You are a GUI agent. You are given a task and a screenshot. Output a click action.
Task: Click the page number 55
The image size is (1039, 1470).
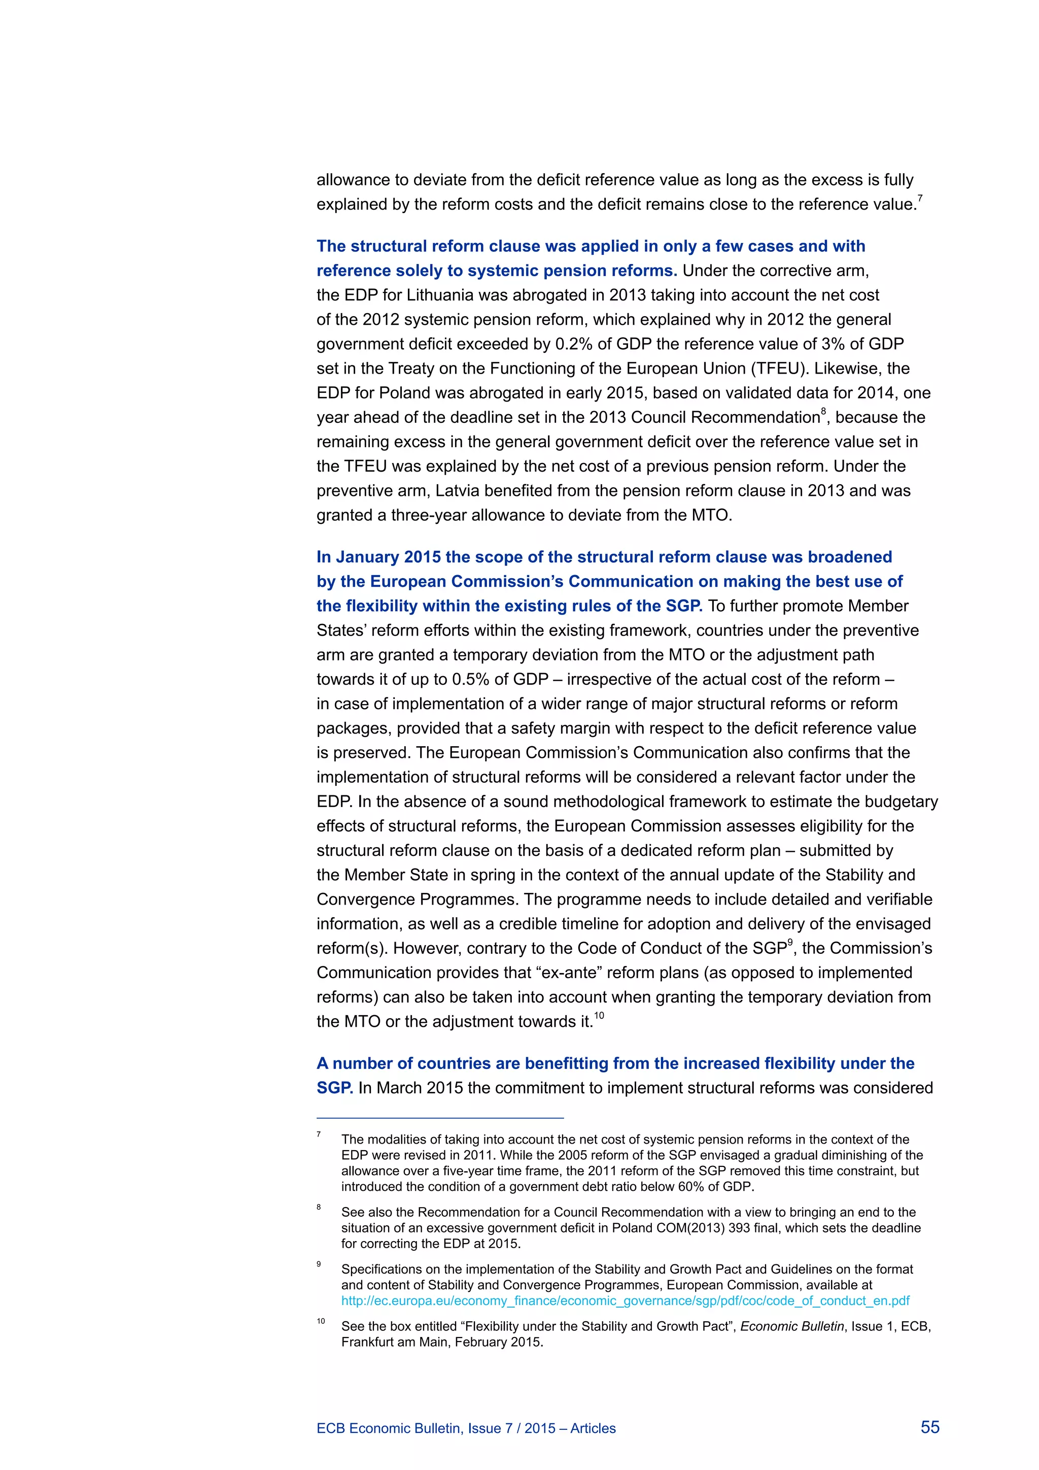(x=929, y=1427)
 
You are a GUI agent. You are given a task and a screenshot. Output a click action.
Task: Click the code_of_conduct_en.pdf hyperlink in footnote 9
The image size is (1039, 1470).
(x=625, y=1300)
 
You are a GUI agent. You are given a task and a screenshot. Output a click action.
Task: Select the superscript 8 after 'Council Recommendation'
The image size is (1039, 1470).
(x=823, y=411)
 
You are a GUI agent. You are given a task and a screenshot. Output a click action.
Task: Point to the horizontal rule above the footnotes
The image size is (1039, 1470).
(x=440, y=1118)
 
